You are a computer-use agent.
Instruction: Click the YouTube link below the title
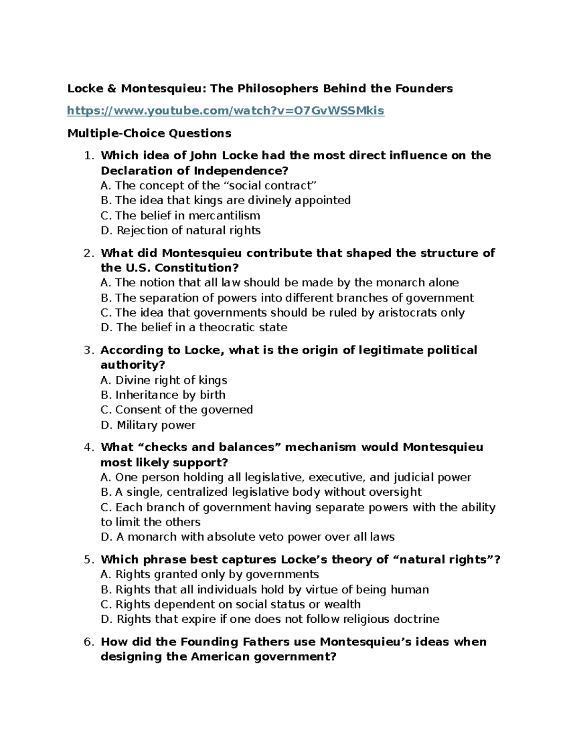[226, 111]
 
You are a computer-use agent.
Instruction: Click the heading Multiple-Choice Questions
[149, 133]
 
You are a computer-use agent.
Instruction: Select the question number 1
[89, 155]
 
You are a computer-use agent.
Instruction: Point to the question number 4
[89, 447]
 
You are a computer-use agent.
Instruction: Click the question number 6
[89, 642]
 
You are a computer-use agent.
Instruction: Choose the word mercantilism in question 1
[224, 216]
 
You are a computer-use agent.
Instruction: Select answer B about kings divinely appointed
[226, 200]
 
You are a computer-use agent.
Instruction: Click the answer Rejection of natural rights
[181, 230]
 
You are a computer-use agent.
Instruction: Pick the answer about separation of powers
[287, 298]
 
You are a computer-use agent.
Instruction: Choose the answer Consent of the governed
[177, 409]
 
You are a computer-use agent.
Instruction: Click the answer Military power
[148, 425]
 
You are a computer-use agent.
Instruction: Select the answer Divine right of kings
[164, 380]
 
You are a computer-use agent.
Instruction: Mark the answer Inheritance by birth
[163, 395]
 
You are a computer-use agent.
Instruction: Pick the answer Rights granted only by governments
[210, 574]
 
